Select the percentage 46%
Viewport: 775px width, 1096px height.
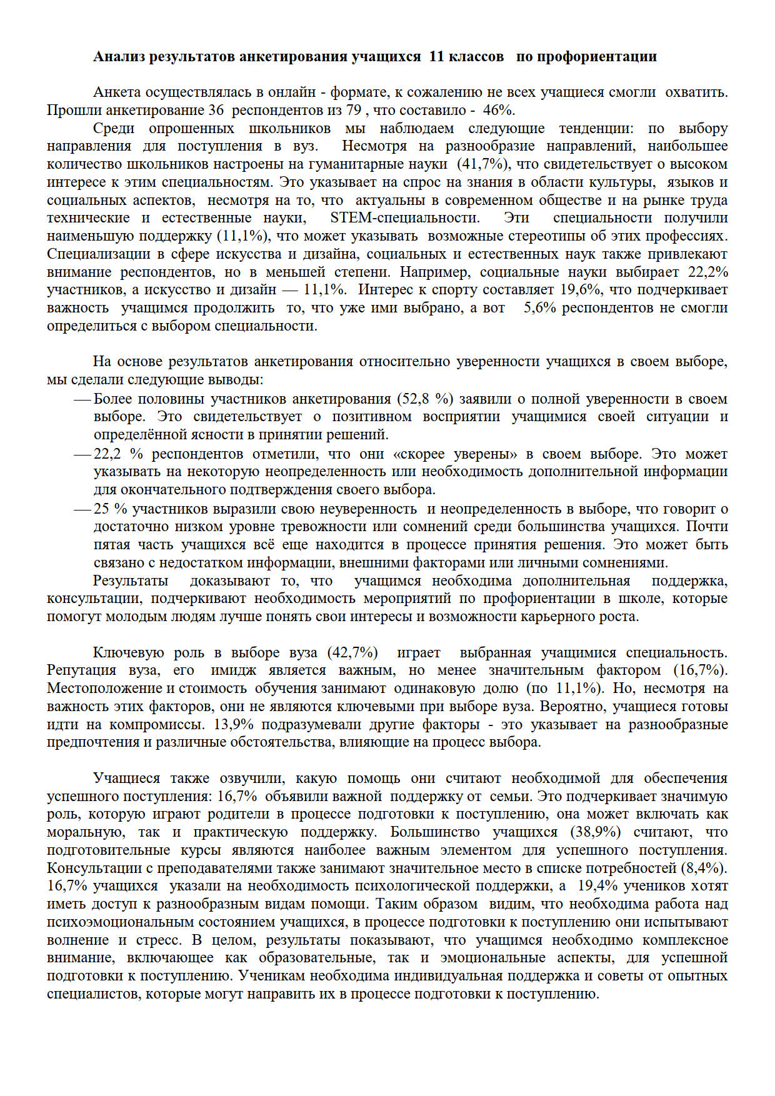498,111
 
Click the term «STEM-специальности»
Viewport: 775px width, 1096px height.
405,218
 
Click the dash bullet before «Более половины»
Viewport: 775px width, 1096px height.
82,399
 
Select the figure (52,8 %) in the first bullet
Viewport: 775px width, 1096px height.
425,399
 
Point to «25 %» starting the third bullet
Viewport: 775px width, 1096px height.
110,509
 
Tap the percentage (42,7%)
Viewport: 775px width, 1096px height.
352,653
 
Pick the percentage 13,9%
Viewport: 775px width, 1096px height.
234,725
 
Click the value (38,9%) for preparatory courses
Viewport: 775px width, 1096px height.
595,832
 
